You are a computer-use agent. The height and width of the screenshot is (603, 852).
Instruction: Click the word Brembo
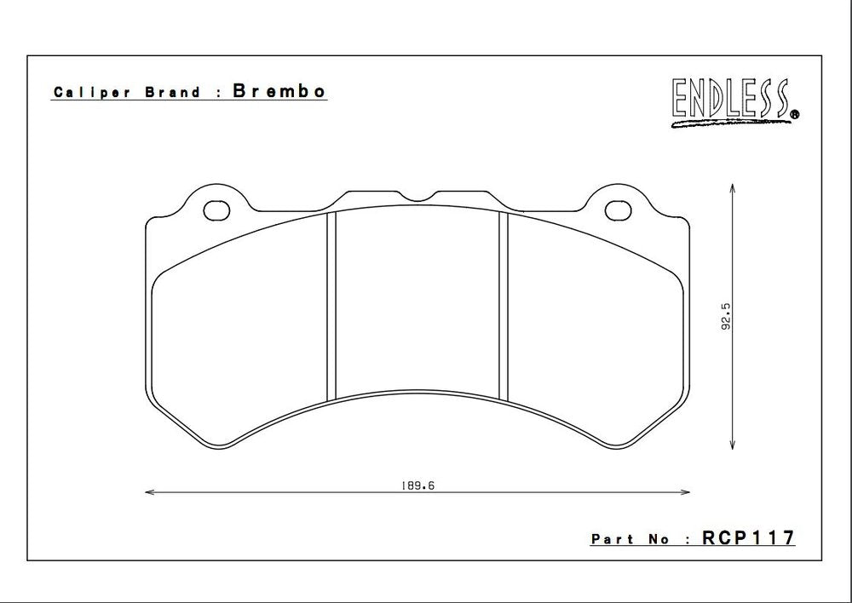[279, 92]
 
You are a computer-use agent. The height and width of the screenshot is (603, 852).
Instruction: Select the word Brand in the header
[172, 93]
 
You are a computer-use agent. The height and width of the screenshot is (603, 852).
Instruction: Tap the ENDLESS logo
[730, 100]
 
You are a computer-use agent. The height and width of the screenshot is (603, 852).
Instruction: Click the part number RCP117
[748, 538]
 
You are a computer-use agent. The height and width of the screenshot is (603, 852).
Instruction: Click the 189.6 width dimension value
[412, 485]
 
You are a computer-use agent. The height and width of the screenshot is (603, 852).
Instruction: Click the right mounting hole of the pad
[617, 209]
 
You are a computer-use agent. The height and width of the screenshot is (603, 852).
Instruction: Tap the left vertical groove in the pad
[332, 307]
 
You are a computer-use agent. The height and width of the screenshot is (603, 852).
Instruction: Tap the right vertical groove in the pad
[503, 307]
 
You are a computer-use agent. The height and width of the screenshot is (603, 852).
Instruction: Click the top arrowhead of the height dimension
[733, 187]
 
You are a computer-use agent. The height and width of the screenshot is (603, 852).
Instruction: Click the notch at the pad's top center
[417, 198]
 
